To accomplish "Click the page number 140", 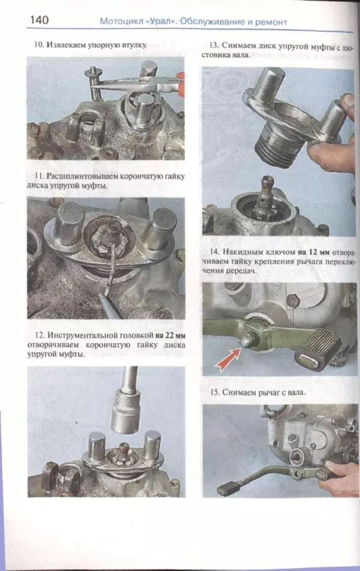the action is click(39, 19).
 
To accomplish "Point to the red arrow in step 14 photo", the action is click(228, 359).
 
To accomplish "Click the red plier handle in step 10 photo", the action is click(180, 85).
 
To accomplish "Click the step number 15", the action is click(215, 392).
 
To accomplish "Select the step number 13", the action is click(214, 46).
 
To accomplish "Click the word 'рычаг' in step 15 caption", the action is click(269, 392).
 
